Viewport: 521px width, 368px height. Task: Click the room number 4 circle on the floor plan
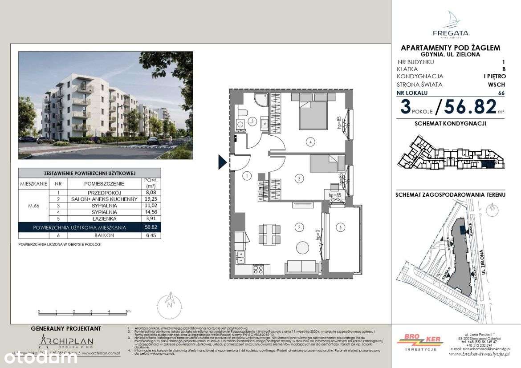[310, 142]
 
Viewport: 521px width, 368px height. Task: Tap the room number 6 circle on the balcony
[341, 227]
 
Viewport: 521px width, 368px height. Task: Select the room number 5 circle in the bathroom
[252, 121]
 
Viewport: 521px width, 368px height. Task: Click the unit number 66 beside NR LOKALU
[501, 93]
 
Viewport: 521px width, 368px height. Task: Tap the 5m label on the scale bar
[127, 311]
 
